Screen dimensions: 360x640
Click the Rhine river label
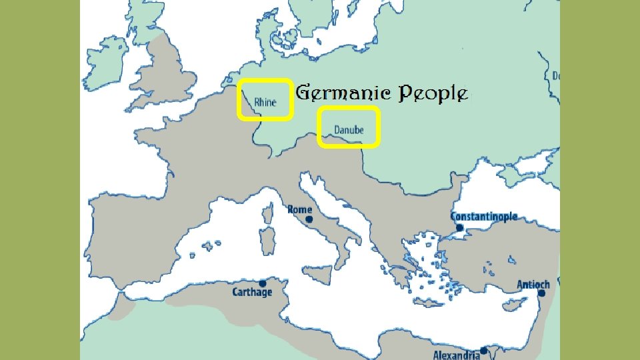pyautogui.click(x=265, y=103)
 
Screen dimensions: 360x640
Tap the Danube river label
pyautogui.click(x=349, y=130)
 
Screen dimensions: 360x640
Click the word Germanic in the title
pyautogui.click(x=343, y=93)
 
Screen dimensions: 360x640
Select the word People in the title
pyautogui.click(x=433, y=94)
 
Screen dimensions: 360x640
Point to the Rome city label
pyautogui.click(x=299, y=209)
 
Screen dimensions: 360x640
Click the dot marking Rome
pyautogui.click(x=309, y=219)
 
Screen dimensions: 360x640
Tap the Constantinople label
pyautogui.click(x=483, y=217)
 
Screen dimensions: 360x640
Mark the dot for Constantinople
pyautogui.click(x=459, y=228)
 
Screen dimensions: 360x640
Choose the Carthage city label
pyautogui.click(x=252, y=292)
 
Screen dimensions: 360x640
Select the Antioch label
pyautogui.click(x=533, y=285)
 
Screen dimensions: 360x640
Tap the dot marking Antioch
pyautogui.click(x=543, y=293)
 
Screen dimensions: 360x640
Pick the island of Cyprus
pyautogui.click(x=513, y=305)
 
